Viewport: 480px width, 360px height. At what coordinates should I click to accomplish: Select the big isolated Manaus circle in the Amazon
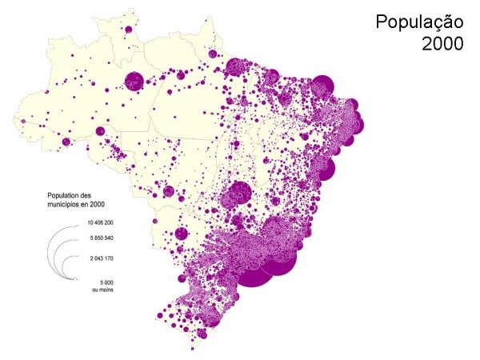point(134,80)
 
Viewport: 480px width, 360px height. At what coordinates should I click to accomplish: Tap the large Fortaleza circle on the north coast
point(322,85)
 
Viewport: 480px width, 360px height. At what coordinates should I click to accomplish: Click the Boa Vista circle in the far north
point(127,30)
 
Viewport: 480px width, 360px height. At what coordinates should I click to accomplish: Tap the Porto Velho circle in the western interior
point(100,131)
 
